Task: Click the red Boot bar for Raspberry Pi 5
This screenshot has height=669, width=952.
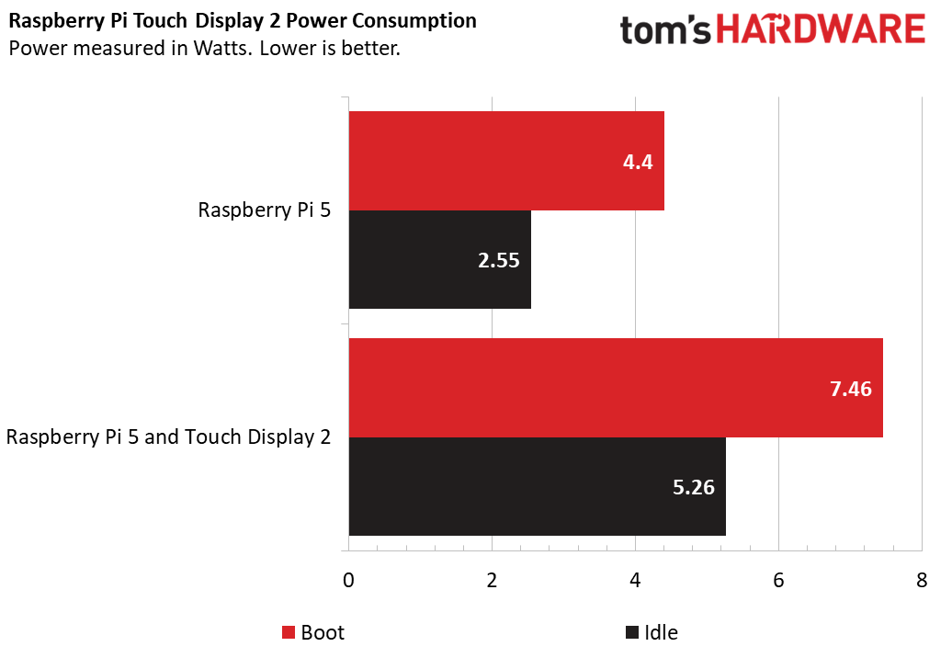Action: [505, 161]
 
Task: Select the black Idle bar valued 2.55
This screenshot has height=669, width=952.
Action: [439, 259]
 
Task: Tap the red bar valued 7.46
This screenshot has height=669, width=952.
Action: [615, 387]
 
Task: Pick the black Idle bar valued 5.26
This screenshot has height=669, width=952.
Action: [537, 486]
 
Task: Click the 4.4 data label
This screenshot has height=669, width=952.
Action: [637, 162]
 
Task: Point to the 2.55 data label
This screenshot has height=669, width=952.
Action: [498, 260]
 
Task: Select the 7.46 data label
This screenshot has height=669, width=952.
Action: [851, 388]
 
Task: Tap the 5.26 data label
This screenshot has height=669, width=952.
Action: [694, 487]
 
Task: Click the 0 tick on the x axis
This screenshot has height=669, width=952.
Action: [348, 581]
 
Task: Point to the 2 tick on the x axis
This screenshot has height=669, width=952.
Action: [492, 581]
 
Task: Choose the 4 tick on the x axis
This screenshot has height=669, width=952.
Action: [635, 581]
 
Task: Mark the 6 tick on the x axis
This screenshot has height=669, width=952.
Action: [778, 581]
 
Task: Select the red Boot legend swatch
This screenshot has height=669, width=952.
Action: [289, 632]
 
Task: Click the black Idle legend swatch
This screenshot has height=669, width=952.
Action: [631, 632]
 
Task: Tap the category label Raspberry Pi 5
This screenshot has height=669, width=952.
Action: [265, 210]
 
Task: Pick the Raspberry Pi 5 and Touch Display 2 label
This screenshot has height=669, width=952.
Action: [168, 437]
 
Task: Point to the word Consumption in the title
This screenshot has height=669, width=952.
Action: [425, 20]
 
